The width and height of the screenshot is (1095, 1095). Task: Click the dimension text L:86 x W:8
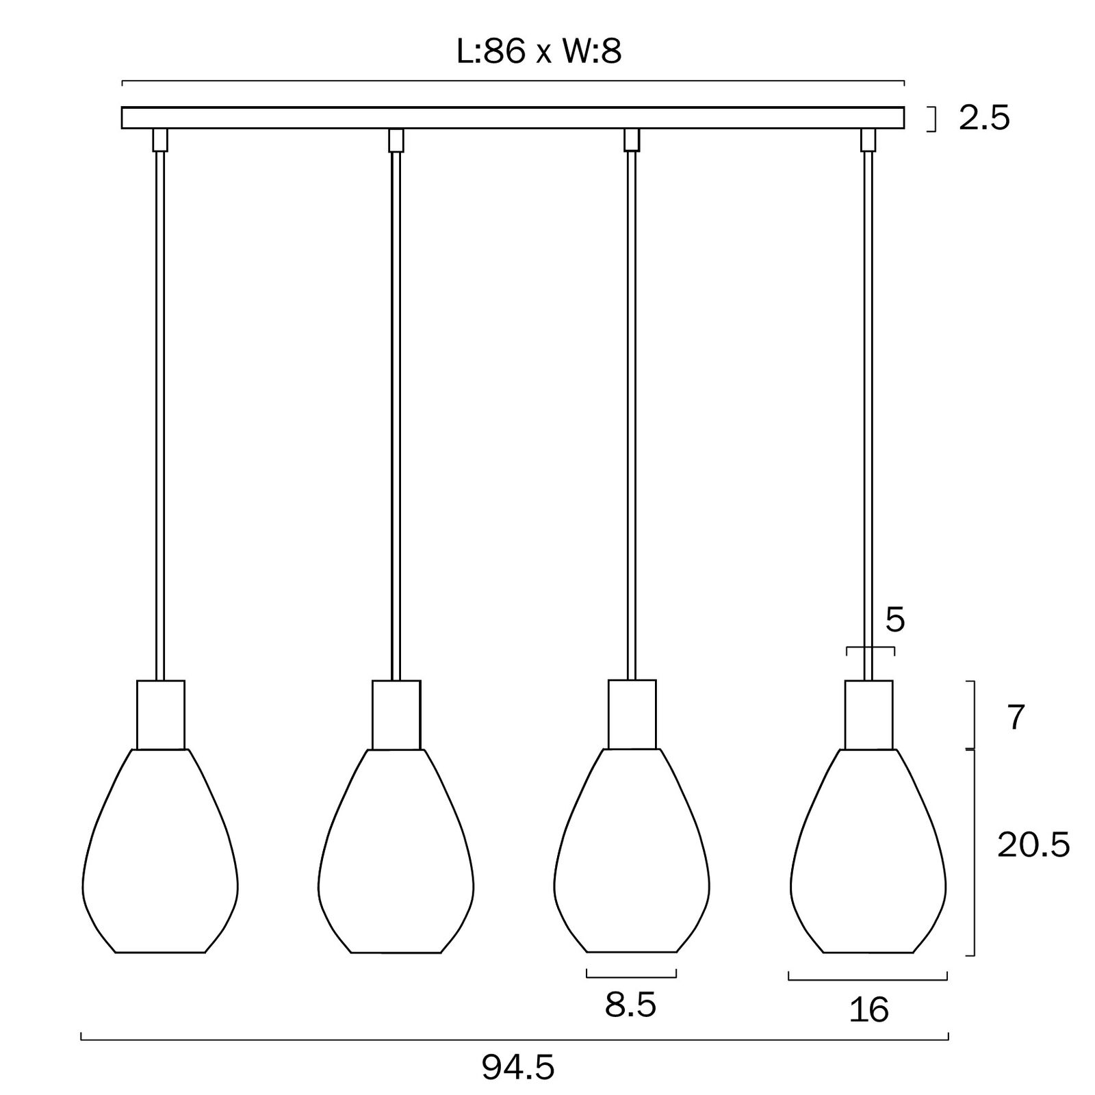(x=539, y=51)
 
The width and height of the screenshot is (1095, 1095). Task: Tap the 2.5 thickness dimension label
(x=984, y=118)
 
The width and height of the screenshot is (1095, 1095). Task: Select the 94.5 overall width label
(x=517, y=1067)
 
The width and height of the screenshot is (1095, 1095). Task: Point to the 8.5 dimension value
(x=630, y=1005)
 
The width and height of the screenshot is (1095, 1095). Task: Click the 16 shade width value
(x=869, y=1009)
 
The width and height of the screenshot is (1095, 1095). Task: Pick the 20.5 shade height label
(x=1033, y=846)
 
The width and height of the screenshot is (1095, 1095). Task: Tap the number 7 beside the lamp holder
(x=1016, y=717)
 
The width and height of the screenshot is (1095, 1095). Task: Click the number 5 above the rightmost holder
(x=895, y=620)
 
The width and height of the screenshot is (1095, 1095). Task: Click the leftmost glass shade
(x=160, y=851)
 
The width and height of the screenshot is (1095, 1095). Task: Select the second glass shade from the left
(x=396, y=851)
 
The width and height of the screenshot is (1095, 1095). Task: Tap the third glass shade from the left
(x=631, y=851)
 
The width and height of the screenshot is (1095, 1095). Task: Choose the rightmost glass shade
(x=868, y=851)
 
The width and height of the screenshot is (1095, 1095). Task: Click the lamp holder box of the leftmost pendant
(x=161, y=714)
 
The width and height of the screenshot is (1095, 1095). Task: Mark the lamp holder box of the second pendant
(x=396, y=714)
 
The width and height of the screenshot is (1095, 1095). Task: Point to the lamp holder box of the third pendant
(x=632, y=714)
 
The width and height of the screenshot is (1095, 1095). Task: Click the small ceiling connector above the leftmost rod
(x=160, y=140)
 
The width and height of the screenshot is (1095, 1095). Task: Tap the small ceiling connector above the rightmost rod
(x=868, y=140)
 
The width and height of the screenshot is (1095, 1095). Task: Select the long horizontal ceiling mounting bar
(x=513, y=118)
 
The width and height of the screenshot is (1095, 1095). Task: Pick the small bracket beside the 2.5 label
(x=931, y=118)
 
